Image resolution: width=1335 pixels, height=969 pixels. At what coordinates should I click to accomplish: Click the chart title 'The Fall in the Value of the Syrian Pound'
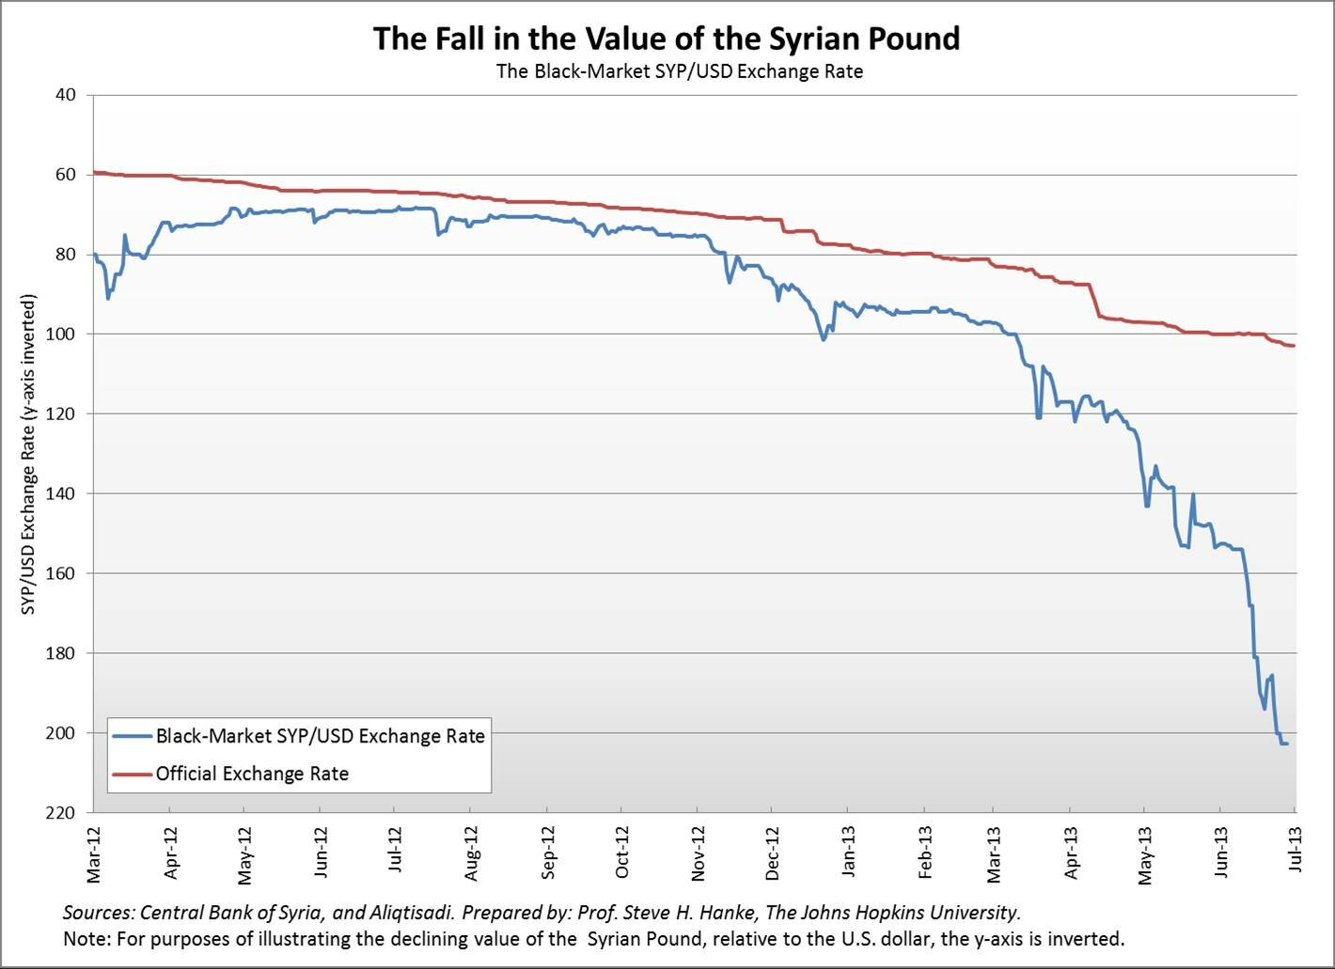(667, 39)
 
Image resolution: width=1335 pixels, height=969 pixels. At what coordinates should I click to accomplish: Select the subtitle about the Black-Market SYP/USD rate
(679, 71)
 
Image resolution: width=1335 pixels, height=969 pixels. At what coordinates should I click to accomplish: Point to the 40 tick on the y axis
(66, 95)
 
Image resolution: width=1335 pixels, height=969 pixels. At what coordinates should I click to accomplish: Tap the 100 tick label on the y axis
(62, 335)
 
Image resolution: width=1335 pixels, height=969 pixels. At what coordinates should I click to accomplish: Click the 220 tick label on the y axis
(62, 813)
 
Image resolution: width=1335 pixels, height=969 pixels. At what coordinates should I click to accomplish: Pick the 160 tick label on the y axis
(62, 573)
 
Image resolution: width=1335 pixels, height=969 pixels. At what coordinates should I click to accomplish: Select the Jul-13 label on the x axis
(1296, 851)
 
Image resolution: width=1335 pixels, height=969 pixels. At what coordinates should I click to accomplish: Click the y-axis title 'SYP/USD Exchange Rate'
(29, 455)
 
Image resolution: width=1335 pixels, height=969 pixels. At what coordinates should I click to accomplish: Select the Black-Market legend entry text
(321, 736)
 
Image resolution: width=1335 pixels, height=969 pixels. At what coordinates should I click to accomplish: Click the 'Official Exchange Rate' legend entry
(252, 774)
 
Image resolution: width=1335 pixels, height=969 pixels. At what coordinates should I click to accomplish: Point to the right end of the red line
(1295, 346)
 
